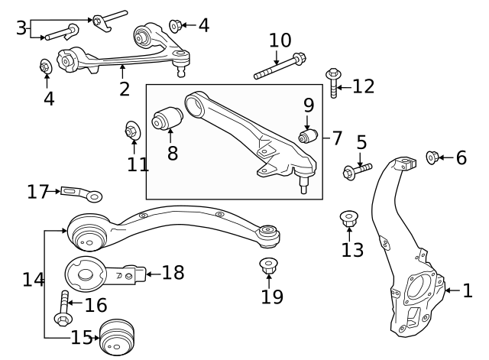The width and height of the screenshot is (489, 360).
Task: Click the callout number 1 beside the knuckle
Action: (x=468, y=290)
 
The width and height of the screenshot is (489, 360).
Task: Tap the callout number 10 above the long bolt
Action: (x=280, y=40)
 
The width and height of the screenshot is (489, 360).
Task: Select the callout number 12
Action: (x=363, y=86)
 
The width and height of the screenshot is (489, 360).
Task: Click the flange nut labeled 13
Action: (x=350, y=219)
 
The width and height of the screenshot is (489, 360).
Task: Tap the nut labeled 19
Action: (x=268, y=267)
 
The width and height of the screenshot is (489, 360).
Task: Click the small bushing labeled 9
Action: (x=308, y=137)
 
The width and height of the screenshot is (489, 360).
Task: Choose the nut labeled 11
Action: (x=131, y=132)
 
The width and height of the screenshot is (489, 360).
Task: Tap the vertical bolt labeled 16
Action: (x=63, y=306)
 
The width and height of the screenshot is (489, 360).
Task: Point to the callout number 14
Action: (x=33, y=280)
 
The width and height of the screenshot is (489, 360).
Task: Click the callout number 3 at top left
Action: (x=21, y=28)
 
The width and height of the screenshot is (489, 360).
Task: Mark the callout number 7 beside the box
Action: (x=337, y=139)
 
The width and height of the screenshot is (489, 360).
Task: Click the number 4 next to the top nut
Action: (x=202, y=25)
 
